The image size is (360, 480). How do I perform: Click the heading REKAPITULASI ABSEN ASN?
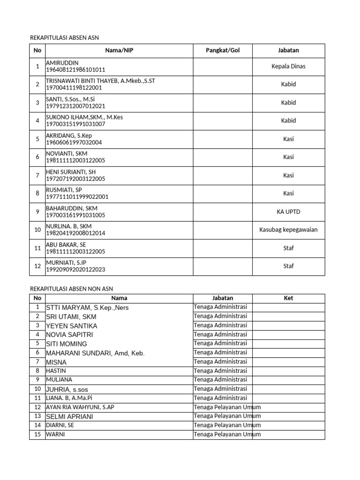click(64, 37)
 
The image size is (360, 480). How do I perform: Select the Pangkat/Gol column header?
click(223, 51)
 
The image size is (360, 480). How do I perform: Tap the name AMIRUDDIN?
click(62, 63)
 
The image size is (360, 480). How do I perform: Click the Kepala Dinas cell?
click(288, 66)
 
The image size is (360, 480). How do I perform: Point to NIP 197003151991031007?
click(75, 124)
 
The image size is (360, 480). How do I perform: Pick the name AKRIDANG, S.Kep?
click(69, 135)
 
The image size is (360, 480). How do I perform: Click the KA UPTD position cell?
click(288, 211)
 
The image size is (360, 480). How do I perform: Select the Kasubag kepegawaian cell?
click(288, 230)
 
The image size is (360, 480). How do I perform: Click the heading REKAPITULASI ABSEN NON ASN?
click(71, 289)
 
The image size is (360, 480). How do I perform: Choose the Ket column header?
click(288, 298)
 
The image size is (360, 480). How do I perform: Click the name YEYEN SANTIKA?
click(72, 326)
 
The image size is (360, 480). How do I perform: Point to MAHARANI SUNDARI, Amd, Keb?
click(95, 353)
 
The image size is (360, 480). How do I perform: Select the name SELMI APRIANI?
click(70, 416)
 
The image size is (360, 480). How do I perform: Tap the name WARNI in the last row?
click(55, 434)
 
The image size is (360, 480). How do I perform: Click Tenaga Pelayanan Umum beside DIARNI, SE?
click(227, 425)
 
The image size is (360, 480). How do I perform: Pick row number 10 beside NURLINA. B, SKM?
click(37, 230)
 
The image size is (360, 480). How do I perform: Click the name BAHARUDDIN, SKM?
click(72, 208)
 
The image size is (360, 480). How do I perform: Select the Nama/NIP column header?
click(119, 51)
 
